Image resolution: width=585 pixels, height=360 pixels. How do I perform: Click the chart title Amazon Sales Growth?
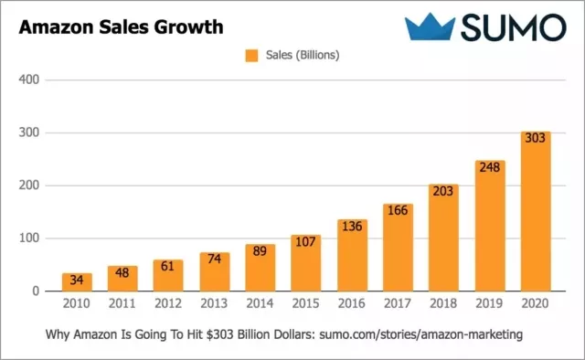pyautogui.click(x=121, y=26)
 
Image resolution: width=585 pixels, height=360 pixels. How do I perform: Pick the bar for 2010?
pyautogui.click(x=77, y=282)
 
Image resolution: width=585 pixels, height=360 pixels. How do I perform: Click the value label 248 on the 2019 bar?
pyautogui.click(x=489, y=167)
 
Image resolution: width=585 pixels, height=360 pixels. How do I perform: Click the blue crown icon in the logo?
pyautogui.click(x=431, y=26)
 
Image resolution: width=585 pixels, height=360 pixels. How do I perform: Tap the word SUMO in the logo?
pyautogui.click(x=513, y=27)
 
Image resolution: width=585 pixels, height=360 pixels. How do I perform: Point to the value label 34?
pyautogui.click(x=77, y=280)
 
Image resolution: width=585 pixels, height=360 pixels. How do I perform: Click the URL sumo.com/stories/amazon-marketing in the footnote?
pyautogui.click(x=420, y=335)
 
